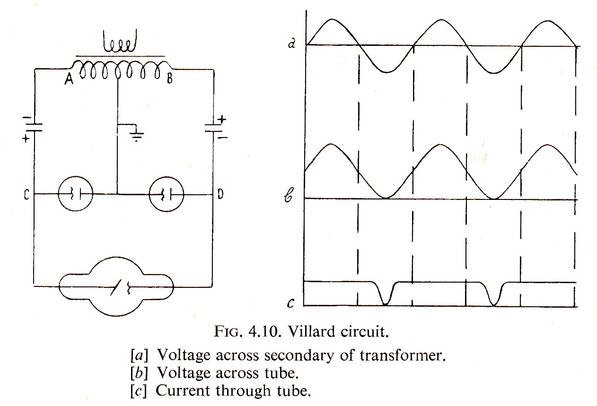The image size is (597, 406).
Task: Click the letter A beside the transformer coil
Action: (x=68, y=80)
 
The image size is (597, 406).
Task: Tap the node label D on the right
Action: (x=221, y=194)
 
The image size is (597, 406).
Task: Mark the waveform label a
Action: (x=292, y=44)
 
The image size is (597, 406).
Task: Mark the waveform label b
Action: (x=292, y=198)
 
